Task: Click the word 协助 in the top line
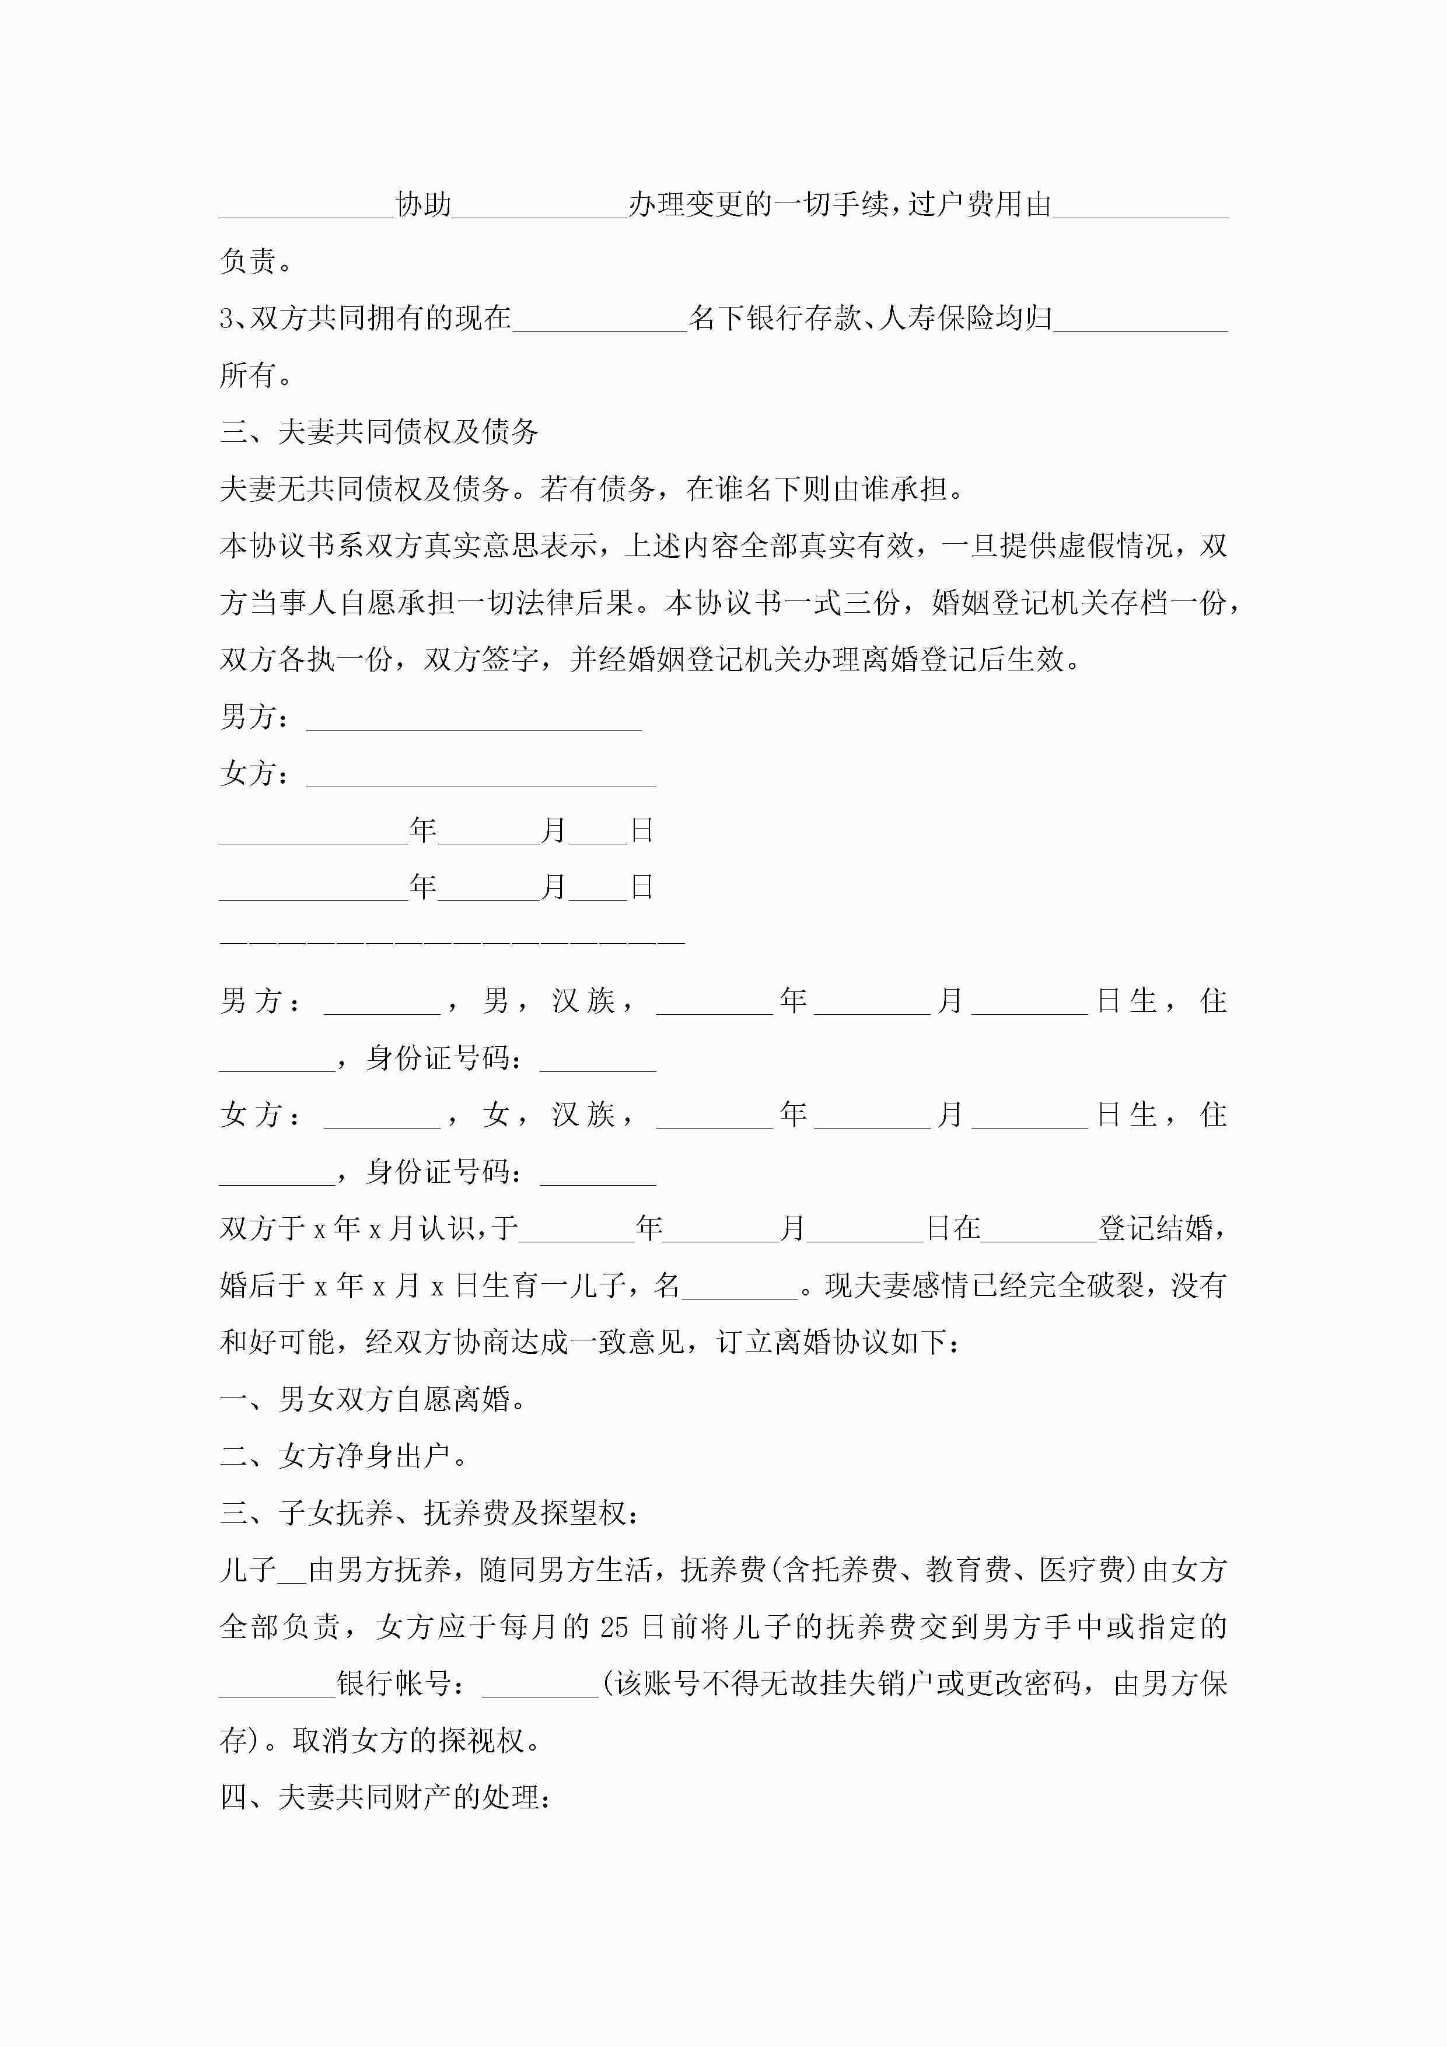(424, 205)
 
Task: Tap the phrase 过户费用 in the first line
(966, 205)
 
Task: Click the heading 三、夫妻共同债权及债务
(379, 432)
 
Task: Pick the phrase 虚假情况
(1116, 546)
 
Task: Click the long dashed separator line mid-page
(452, 941)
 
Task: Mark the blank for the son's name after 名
(739, 1286)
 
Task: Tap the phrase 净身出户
(408, 1456)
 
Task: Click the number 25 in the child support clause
(614, 1627)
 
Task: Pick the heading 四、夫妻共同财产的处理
(385, 1797)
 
